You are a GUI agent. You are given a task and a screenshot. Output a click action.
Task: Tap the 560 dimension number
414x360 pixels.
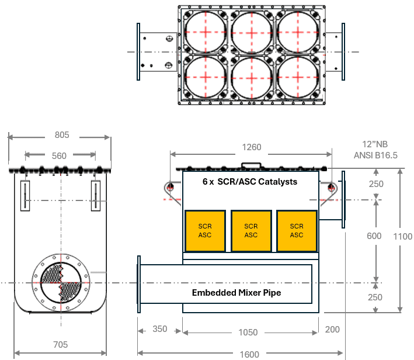pos(59,155)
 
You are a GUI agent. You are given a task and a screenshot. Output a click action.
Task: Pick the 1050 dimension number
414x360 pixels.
pos(248,332)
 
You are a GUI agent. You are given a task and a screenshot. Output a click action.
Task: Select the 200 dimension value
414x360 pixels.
pos(332,330)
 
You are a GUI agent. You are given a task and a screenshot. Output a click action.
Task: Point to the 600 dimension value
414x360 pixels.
pos(374,236)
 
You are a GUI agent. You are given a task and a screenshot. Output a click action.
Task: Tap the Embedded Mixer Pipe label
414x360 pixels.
pos(236,292)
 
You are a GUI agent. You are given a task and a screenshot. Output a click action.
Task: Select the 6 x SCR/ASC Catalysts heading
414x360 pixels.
pos(250,182)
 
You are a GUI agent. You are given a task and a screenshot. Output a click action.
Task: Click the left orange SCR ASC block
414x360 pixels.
pos(204,230)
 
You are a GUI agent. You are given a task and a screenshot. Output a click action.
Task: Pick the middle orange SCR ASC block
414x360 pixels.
pos(251,230)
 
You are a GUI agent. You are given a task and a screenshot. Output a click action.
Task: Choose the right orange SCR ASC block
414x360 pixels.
pos(297,230)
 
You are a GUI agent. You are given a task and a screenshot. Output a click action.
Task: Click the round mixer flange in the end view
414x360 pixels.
pos(61,282)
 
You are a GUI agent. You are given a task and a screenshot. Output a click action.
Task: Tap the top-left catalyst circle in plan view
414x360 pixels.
pos(206,32)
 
